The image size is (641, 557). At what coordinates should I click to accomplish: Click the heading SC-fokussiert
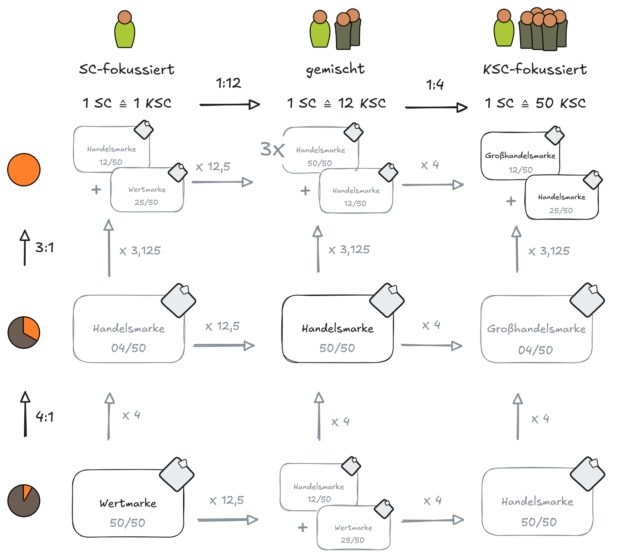(x=127, y=69)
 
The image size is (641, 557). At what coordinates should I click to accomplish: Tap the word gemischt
(x=335, y=69)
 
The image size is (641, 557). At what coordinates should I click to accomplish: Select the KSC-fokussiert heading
(x=534, y=69)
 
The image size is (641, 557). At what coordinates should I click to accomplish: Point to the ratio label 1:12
(x=228, y=83)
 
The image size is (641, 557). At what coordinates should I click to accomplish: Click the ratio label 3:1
(x=44, y=247)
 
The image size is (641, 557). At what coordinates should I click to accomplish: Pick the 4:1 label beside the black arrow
(x=44, y=416)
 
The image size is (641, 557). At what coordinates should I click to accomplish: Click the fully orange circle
(x=24, y=170)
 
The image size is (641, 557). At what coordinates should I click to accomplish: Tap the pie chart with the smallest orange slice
(x=24, y=501)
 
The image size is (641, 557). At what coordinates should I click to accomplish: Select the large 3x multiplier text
(x=272, y=149)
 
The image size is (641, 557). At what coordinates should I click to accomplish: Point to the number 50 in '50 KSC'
(x=544, y=103)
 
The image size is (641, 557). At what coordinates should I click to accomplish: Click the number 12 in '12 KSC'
(x=346, y=103)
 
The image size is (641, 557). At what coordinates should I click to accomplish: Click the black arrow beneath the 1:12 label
(x=229, y=105)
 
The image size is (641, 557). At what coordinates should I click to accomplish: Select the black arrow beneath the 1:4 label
(x=436, y=107)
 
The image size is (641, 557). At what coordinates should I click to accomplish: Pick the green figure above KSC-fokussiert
(x=504, y=28)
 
